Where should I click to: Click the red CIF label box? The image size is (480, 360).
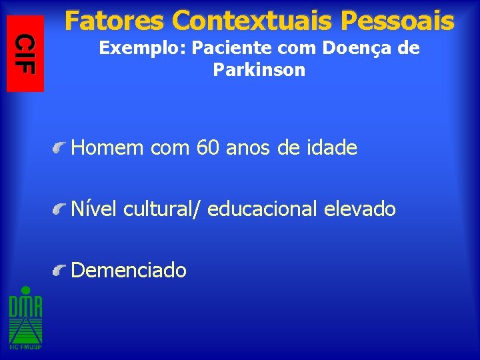(x=25, y=53)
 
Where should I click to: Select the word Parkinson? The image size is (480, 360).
(x=259, y=70)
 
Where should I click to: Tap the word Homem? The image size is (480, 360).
(x=108, y=147)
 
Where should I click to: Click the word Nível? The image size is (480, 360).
(x=94, y=209)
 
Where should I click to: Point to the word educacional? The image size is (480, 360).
(x=263, y=209)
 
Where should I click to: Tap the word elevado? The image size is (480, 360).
(x=360, y=209)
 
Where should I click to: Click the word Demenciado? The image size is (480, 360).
(x=129, y=270)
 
